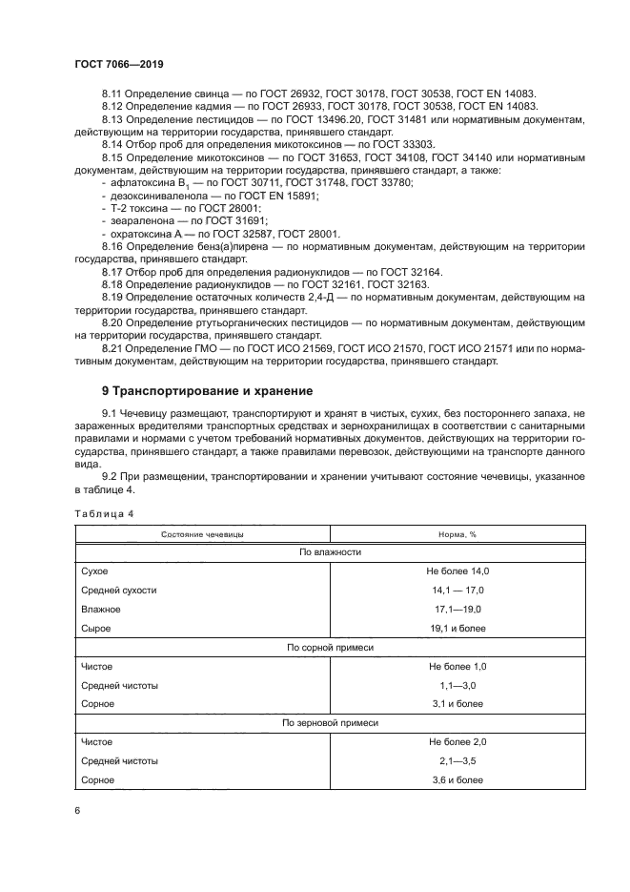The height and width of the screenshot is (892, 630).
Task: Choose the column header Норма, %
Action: [457, 534]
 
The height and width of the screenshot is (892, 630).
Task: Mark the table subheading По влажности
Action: [330, 552]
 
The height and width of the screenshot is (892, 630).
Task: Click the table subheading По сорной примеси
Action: [330, 647]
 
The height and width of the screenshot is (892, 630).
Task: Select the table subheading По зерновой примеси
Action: [330, 723]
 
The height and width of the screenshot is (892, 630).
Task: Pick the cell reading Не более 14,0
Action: [457, 570]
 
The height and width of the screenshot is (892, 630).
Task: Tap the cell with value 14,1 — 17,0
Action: [457, 590]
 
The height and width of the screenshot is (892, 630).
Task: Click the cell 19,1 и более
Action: [457, 628]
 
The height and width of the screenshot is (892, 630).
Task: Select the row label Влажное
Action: [101, 609]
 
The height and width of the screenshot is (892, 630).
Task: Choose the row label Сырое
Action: [96, 628]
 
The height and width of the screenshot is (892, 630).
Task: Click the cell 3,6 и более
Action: [457, 779]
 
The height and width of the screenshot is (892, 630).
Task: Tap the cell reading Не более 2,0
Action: [457, 741]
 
